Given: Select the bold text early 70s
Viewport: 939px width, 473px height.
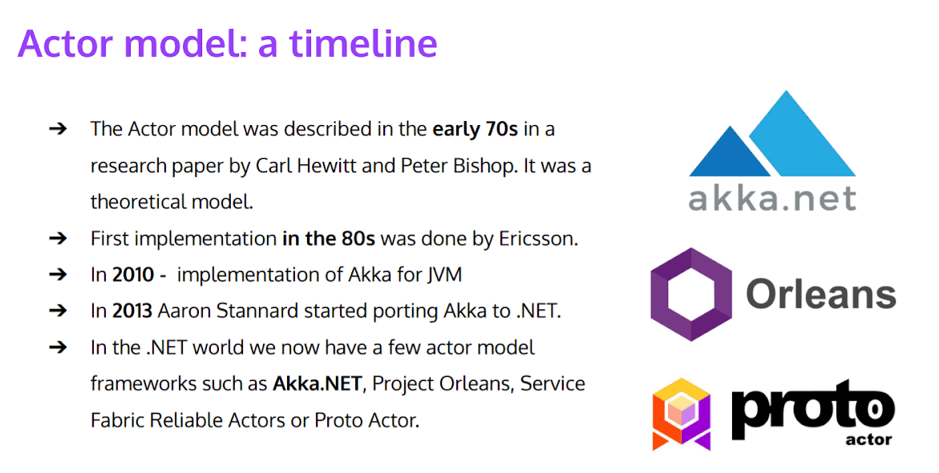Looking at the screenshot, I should (475, 128).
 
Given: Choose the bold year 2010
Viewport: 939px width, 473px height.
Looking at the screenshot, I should (133, 275).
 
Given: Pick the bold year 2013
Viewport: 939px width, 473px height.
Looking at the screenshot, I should (132, 311).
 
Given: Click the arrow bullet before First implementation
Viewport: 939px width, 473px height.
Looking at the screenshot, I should (57, 238).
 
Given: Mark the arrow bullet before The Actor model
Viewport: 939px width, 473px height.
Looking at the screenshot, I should (57, 128).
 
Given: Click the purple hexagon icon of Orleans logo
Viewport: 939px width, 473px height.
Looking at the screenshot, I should (690, 294).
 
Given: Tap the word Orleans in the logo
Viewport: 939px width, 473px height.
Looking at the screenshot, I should (820, 294).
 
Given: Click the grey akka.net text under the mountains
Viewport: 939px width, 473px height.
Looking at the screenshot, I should (771, 197).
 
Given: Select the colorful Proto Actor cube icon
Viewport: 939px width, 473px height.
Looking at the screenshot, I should (682, 413).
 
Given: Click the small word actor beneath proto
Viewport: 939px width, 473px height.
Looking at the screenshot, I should (868, 439).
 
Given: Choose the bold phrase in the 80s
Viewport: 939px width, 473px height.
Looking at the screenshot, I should (329, 238).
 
